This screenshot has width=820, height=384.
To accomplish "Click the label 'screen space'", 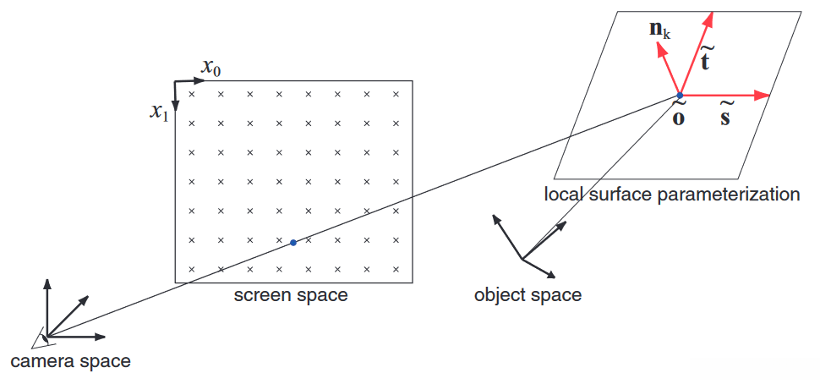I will pyautogui.click(x=291, y=295).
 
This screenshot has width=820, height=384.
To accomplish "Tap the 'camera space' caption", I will pyautogui.click(x=70, y=361).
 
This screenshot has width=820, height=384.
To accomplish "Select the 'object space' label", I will pyautogui.click(x=528, y=295).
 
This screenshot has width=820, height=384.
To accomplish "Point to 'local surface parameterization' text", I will pyautogui.click(x=671, y=195).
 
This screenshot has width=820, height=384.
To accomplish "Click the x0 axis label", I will pyautogui.click(x=210, y=66).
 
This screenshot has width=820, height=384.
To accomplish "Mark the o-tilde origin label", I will pyautogui.click(x=678, y=114).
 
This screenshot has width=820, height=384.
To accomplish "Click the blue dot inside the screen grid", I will pyautogui.click(x=292, y=243).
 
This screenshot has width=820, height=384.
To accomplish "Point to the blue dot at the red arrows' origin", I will pyautogui.click(x=680, y=96).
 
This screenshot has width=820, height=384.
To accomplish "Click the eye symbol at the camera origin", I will pyautogui.click(x=39, y=338).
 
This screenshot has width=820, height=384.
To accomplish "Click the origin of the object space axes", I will pyautogui.click(x=523, y=259).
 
